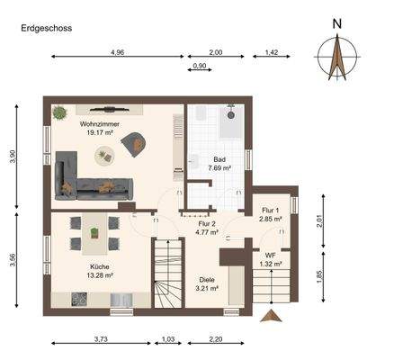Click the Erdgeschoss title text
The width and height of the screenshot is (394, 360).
click(47, 28)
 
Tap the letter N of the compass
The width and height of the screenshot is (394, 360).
click(336, 23)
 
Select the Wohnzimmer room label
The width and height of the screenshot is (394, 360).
click(100, 122)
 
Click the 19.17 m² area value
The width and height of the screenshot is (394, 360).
click(100, 132)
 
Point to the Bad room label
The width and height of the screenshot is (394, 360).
click(219, 157)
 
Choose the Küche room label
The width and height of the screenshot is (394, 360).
click(100, 266)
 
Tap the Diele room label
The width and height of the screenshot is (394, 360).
click(207, 280)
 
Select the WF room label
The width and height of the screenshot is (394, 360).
click(269, 254)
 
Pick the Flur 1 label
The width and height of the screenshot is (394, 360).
click(269, 210)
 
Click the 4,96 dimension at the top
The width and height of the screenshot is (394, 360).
click(117, 54)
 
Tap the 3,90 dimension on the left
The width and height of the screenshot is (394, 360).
click(13, 156)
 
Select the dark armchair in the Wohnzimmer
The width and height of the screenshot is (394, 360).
click(137, 141)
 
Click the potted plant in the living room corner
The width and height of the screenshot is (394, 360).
click(60, 113)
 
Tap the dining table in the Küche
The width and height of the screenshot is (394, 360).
click(95, 235)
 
